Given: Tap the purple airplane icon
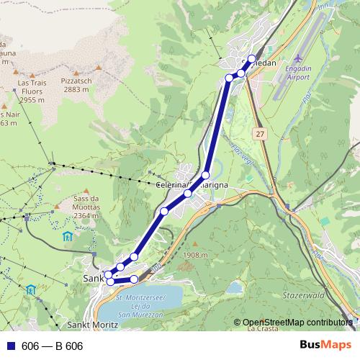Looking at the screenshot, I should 300,58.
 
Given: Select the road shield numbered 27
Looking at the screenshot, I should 260,134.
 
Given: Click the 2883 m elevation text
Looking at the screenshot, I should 76,90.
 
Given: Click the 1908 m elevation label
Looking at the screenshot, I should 195,255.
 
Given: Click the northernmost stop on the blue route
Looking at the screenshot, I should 251,58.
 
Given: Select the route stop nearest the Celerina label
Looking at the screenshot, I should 188,193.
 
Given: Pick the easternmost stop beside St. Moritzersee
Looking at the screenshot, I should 134,279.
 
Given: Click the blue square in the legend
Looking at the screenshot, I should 12,346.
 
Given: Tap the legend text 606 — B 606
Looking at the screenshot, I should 53,346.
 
